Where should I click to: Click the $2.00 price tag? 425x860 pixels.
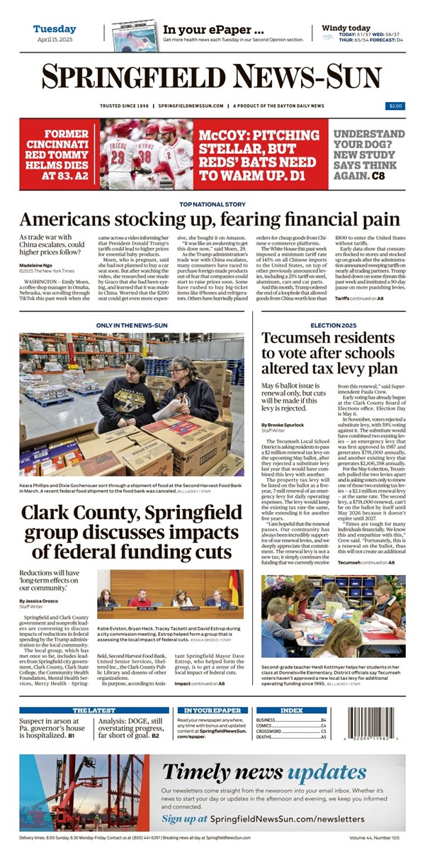point(395,106)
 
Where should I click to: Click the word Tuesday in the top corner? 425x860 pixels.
point(55,29)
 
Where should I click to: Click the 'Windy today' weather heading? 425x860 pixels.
point(347,28)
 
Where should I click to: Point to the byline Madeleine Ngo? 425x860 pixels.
point(39,264)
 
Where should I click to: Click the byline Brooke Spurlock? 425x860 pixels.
point(281,425)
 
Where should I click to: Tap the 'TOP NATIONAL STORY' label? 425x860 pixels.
point(212,204)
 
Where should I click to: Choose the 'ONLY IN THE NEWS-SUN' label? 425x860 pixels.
point(131,326)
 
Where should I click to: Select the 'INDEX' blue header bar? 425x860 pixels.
point(291,710)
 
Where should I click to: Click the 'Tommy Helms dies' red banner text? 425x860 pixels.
point(57,154)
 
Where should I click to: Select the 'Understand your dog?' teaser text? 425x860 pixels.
point(369,154)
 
